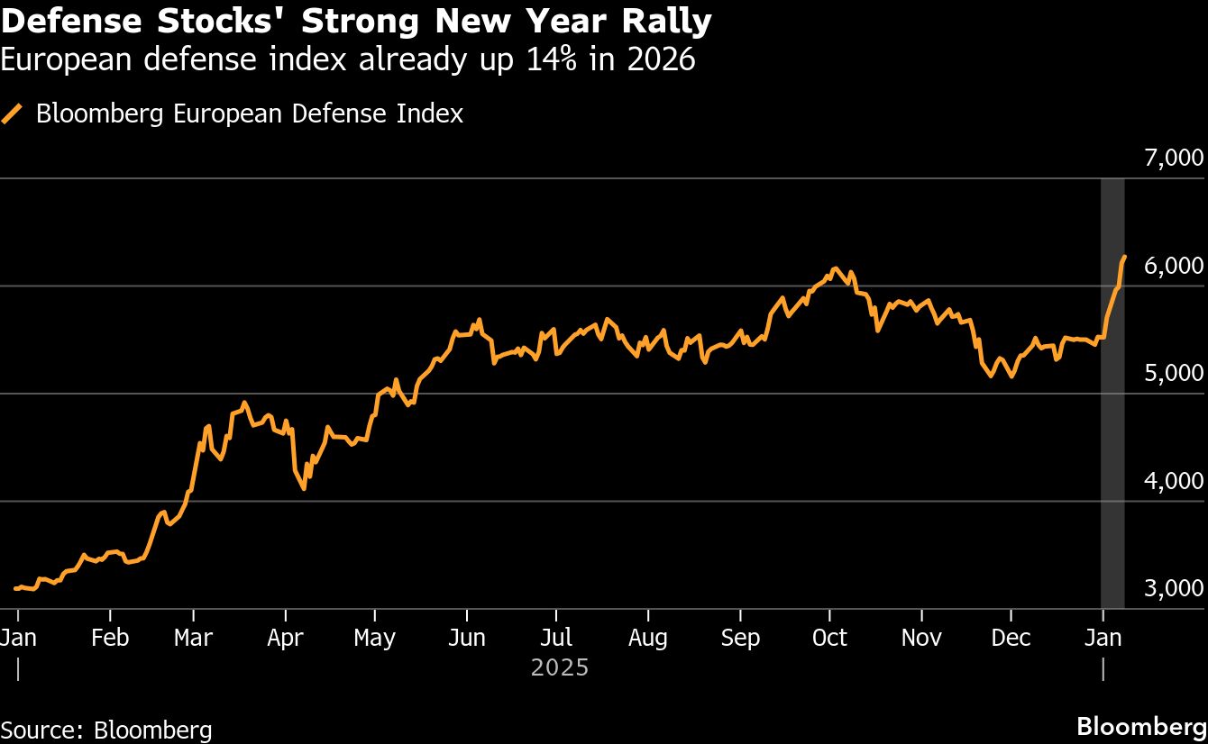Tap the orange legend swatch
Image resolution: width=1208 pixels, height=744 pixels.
(13, 114)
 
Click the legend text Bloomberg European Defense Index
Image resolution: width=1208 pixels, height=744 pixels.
(250, 114)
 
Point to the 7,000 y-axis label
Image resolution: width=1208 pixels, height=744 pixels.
(1173, 159)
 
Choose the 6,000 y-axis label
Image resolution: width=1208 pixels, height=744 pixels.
(1173, 266)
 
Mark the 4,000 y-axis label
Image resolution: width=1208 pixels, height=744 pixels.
(1173, 481)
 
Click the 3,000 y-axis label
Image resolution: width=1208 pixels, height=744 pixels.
(1173, 588)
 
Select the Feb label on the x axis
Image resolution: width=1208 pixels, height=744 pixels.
(110, 638)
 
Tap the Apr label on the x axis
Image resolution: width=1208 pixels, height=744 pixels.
(286, 638)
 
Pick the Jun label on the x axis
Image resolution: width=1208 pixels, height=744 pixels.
(466, 638)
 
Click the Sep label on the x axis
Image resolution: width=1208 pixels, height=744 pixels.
(740, 638)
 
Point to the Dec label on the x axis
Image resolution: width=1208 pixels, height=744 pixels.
(1011, 638)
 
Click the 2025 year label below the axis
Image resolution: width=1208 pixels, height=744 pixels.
(559, 668)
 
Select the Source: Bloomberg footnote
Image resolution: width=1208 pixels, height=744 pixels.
(106, 730)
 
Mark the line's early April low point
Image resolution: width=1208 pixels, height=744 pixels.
(304, 488)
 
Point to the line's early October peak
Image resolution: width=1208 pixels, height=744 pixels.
(835, 268)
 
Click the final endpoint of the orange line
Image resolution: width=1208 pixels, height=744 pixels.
(1124, 257)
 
